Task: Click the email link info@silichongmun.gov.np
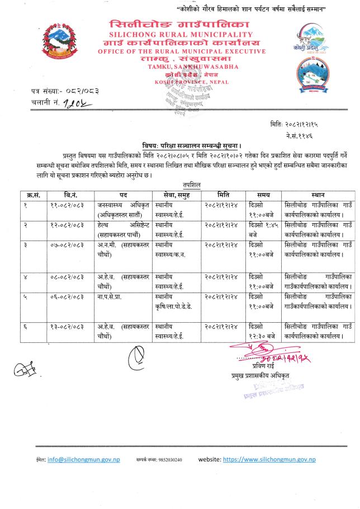coord(84,459)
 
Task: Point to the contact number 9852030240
coord(166,460)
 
